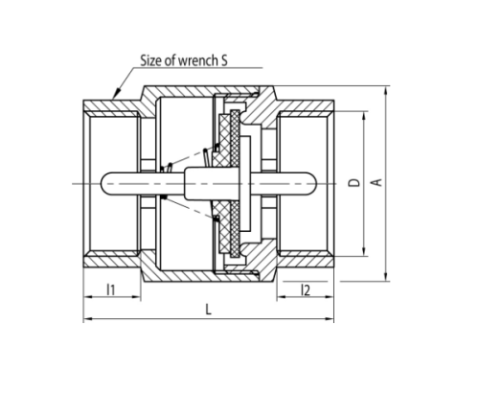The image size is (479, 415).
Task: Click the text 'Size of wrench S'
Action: point(184,60)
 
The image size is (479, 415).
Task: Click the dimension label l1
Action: point(110,289)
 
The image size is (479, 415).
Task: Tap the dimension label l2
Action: point(306,290)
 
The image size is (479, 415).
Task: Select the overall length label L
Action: point(208,310)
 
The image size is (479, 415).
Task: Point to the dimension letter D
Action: point(354,183)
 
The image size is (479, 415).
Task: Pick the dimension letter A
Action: point(376,182)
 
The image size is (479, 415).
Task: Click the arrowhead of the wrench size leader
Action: point(117,93)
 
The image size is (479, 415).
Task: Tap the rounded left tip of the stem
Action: point(103,183)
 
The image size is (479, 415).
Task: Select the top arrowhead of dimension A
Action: point(386,91)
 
